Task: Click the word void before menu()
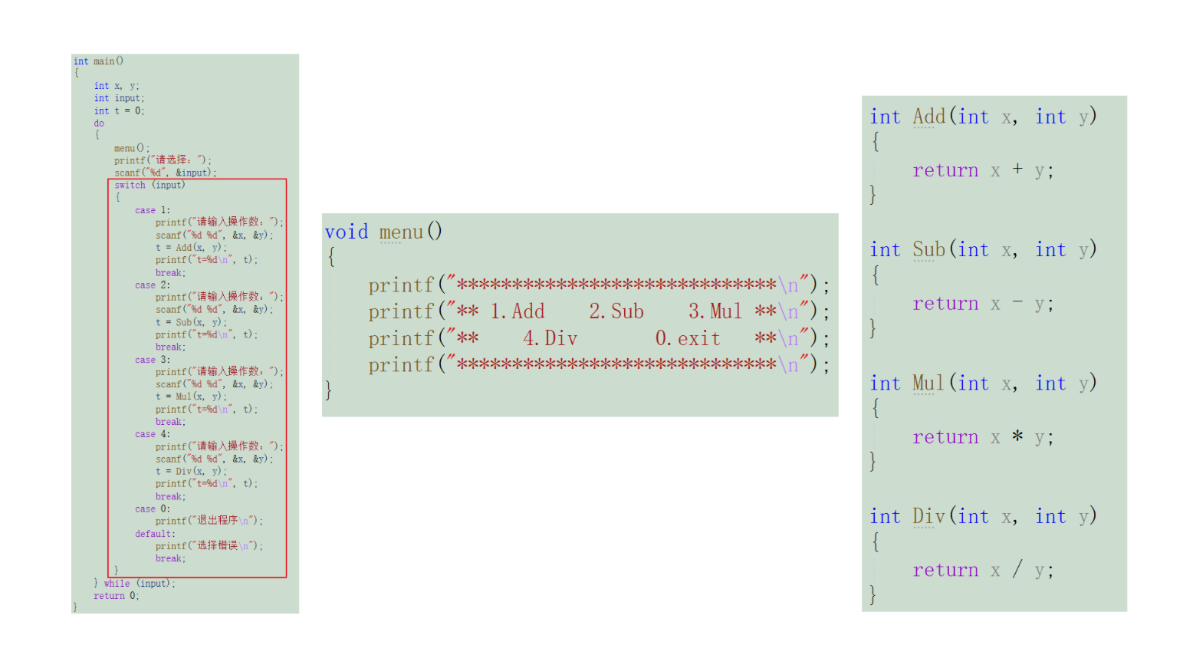tap(346, 232)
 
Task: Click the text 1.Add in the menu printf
tap(518, 311)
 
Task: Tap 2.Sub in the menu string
tap(616, 311)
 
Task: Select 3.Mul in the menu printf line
tap(715, 311)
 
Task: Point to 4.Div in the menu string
tap(550, 338)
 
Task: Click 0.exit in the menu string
tap(688, 338)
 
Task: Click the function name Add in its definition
tap(928, 117)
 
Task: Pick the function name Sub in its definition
tap(928, 250)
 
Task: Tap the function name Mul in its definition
tap(928, 383)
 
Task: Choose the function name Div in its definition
tap(928, 517)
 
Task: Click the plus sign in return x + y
tap(1017, 170)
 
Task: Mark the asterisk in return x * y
tap(1017, 436)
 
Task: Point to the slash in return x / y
tap(1017, 569)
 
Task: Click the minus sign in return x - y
tap(1017, 303)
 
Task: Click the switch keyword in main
tap(130, 185)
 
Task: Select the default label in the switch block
tap(154, 534)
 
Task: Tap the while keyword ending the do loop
tap(117, 584)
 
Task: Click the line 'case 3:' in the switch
tap(153, 360)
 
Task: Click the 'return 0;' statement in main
tap(116, 596)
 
